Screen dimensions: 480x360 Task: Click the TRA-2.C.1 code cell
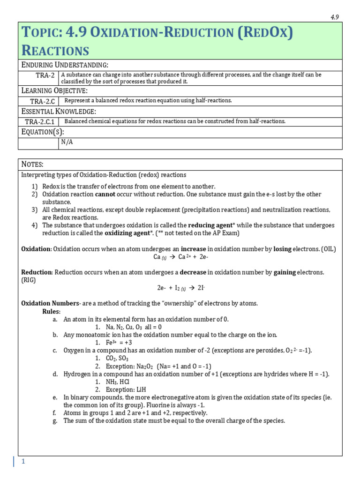[39, 121]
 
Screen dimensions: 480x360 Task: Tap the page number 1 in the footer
[22, 462]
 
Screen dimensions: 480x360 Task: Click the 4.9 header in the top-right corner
[334, 17]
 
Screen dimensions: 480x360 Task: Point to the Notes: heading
[32, 164]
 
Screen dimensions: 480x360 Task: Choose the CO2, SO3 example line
[117, 358]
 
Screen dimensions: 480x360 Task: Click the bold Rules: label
[51, 311]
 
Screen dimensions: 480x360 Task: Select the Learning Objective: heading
[54, 90]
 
